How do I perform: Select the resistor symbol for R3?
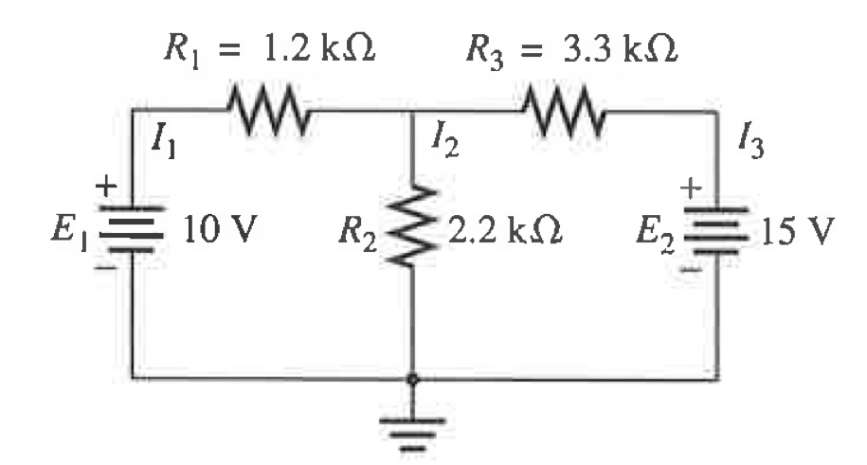565,113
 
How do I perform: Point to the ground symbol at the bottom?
412,417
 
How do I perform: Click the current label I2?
444,145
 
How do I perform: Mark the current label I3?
752,145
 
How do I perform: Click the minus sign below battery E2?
693,271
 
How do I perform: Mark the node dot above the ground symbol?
412,379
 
